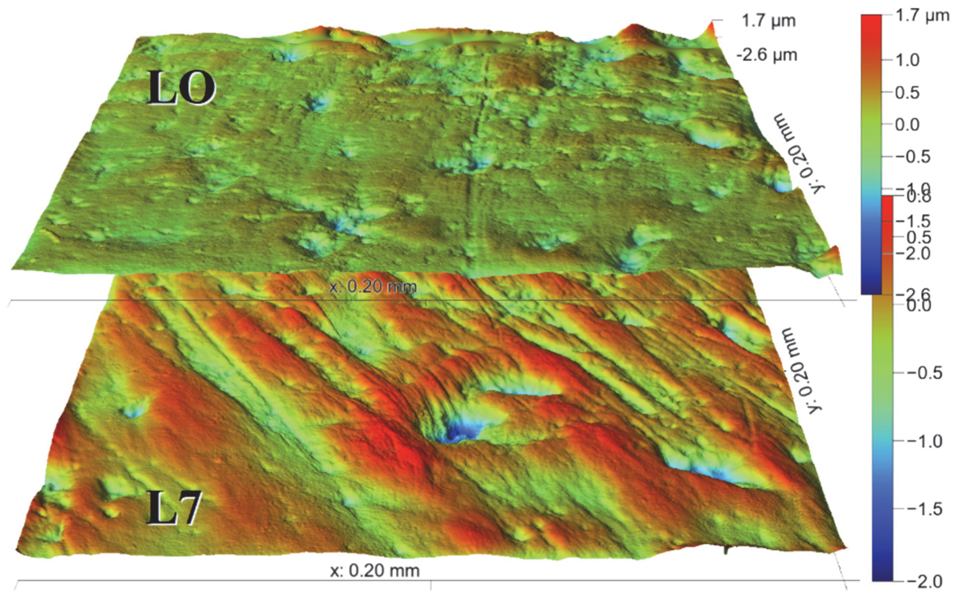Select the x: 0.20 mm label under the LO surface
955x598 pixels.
(373, 286)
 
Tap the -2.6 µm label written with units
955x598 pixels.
(766, 55)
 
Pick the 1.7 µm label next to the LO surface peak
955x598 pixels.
(768, 20)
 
